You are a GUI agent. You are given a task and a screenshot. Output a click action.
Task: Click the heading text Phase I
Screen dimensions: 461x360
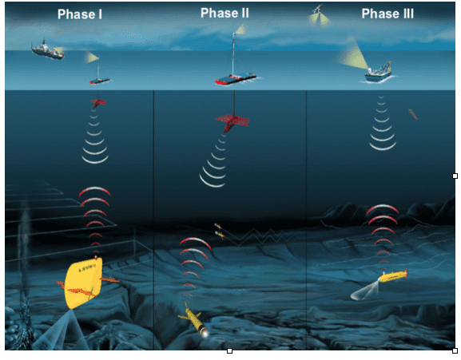pos(80,14)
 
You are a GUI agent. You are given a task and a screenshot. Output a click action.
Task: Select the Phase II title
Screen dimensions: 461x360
pos(225,13)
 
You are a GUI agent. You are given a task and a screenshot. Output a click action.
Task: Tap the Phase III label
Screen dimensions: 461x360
pos(387,14)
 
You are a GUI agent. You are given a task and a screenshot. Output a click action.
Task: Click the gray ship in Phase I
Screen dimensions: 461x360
pos(47,49)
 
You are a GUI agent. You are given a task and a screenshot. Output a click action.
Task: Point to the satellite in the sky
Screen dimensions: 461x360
pos(317,9)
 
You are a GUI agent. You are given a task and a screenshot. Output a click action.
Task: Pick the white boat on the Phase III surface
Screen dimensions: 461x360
pos(379,73)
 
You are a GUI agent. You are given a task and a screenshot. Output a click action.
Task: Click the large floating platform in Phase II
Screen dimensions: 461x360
pos(236,78)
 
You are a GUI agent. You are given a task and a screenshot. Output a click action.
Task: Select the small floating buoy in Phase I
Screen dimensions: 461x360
pos(100,81)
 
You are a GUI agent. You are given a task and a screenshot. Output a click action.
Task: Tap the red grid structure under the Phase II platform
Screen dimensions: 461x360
pos(232,122)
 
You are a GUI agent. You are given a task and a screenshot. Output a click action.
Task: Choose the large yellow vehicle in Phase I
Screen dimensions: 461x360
pos(84,283)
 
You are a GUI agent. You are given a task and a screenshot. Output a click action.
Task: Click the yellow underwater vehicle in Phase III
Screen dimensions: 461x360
pos(393,276)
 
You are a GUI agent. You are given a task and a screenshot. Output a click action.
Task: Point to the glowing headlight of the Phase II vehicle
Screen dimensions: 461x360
pos(205,333)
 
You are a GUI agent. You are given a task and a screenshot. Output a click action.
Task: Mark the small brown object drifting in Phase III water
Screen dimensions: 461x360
pos(413,114)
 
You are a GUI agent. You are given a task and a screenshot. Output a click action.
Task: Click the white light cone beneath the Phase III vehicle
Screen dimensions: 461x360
pos(364,291)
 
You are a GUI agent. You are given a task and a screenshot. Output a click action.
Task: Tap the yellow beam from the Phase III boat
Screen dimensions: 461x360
pos(354,54)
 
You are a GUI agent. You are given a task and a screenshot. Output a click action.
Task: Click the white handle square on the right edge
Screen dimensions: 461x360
pos(455,176)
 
